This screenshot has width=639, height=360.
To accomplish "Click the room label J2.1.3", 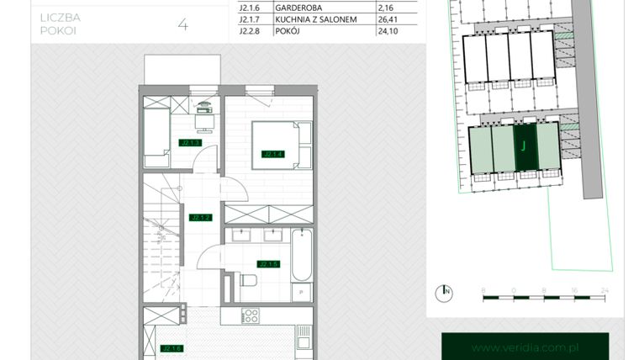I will point(190,143).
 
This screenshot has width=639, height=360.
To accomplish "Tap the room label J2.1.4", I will point(272,154).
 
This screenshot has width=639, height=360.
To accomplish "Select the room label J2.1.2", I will point(200,218).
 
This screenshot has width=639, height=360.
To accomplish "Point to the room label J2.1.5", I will point(268,263).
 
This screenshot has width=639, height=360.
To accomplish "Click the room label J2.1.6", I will point(172,347).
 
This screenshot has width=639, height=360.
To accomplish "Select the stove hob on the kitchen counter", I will point(250,316).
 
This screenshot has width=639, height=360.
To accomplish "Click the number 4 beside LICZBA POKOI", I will point(182,24).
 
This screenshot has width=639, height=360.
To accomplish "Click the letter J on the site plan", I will point(523,145).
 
